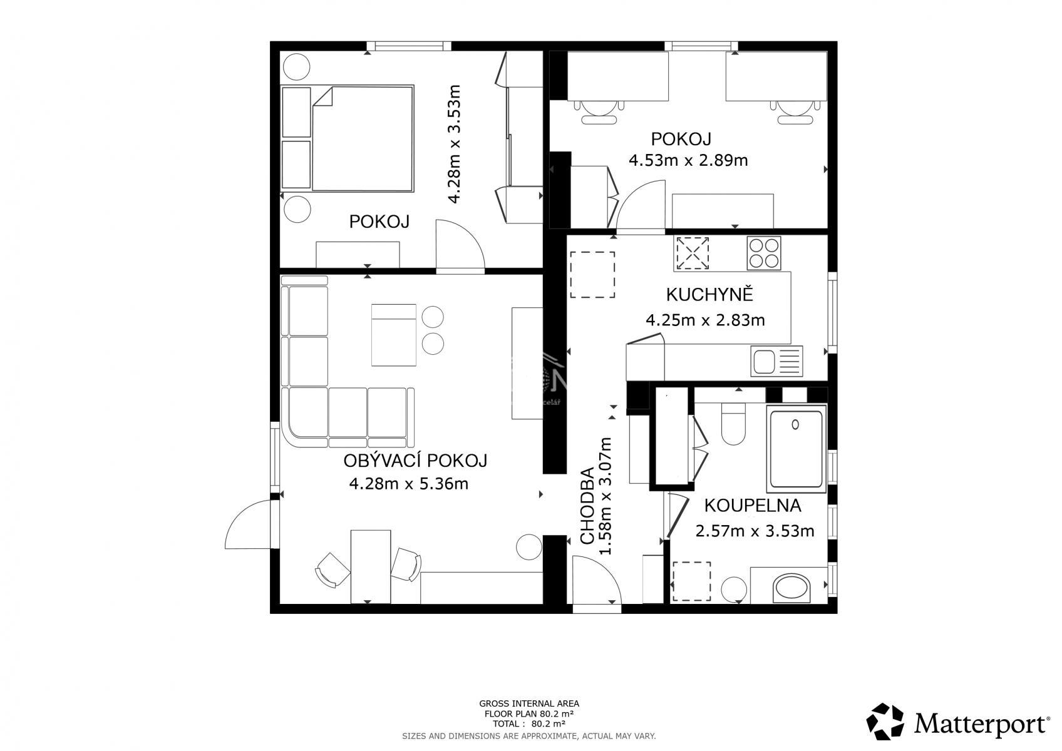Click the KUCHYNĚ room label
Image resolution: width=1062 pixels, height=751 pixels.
click(709, 294)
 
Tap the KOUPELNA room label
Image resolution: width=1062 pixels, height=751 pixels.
click(753, 506)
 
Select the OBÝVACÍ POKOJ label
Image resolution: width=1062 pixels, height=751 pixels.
click(415, 460)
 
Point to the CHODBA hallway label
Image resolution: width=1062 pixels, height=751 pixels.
click(587, 506)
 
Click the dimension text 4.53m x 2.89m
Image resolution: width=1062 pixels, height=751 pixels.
click(688, 160)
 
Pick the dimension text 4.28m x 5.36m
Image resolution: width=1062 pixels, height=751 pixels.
click(409, 484)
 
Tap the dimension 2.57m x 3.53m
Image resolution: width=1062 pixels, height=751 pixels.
click(755, 531)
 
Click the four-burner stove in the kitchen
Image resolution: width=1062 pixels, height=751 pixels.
click(764, 253)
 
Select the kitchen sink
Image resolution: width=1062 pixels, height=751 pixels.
click(776, 361)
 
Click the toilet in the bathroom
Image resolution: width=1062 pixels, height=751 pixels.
click(733, 424)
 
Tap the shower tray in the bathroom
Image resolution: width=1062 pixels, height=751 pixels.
click(796, 449)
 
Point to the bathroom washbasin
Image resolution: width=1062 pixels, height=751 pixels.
click(791, 588)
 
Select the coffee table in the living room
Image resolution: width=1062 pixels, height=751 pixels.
click(393, 335)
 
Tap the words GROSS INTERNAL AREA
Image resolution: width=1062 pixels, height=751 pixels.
click(529, 703)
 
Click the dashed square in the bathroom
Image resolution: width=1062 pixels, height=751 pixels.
click(692, 581)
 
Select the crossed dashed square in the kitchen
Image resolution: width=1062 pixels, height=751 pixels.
click(692, 253)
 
